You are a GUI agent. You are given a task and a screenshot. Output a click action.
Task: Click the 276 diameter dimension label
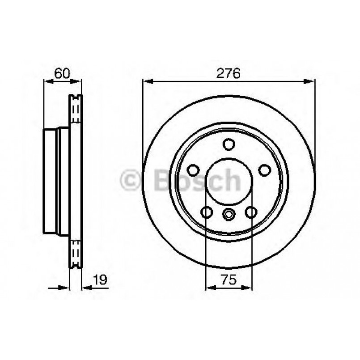coord(229,73)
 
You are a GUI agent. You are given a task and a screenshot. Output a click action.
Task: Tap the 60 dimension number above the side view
coord(62,73)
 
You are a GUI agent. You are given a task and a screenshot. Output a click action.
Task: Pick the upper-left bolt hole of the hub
coord(193,170)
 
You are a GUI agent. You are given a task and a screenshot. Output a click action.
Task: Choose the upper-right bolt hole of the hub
coord(265,170)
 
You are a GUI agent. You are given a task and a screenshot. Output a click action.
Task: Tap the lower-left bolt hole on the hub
coord(207,212)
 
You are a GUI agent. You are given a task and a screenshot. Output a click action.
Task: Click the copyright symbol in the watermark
coord(133,181)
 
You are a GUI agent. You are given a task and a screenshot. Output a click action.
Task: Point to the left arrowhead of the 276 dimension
coord(147,81)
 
